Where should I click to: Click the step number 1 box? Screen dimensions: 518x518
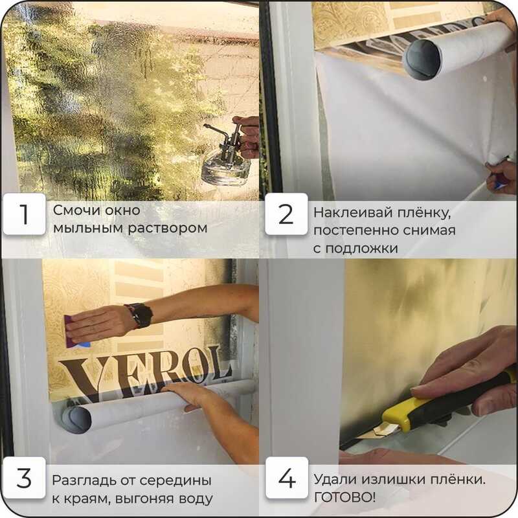coord(24,214)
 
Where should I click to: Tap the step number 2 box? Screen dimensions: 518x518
coord(286,214)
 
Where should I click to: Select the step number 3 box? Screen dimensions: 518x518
coord(24,478)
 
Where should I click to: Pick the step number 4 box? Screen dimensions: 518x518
coord(287,478)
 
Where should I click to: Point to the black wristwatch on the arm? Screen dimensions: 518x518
coord(141,315)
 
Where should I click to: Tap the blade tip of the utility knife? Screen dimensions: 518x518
coord(359,438)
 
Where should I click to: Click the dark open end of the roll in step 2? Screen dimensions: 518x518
coord(422,60)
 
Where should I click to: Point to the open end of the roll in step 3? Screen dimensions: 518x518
coord(76,420)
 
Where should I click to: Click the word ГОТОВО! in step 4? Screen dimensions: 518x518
coord(344,497)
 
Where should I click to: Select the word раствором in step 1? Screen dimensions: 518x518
coord(168,229)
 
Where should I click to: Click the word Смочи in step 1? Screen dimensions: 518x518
coord(74,210)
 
